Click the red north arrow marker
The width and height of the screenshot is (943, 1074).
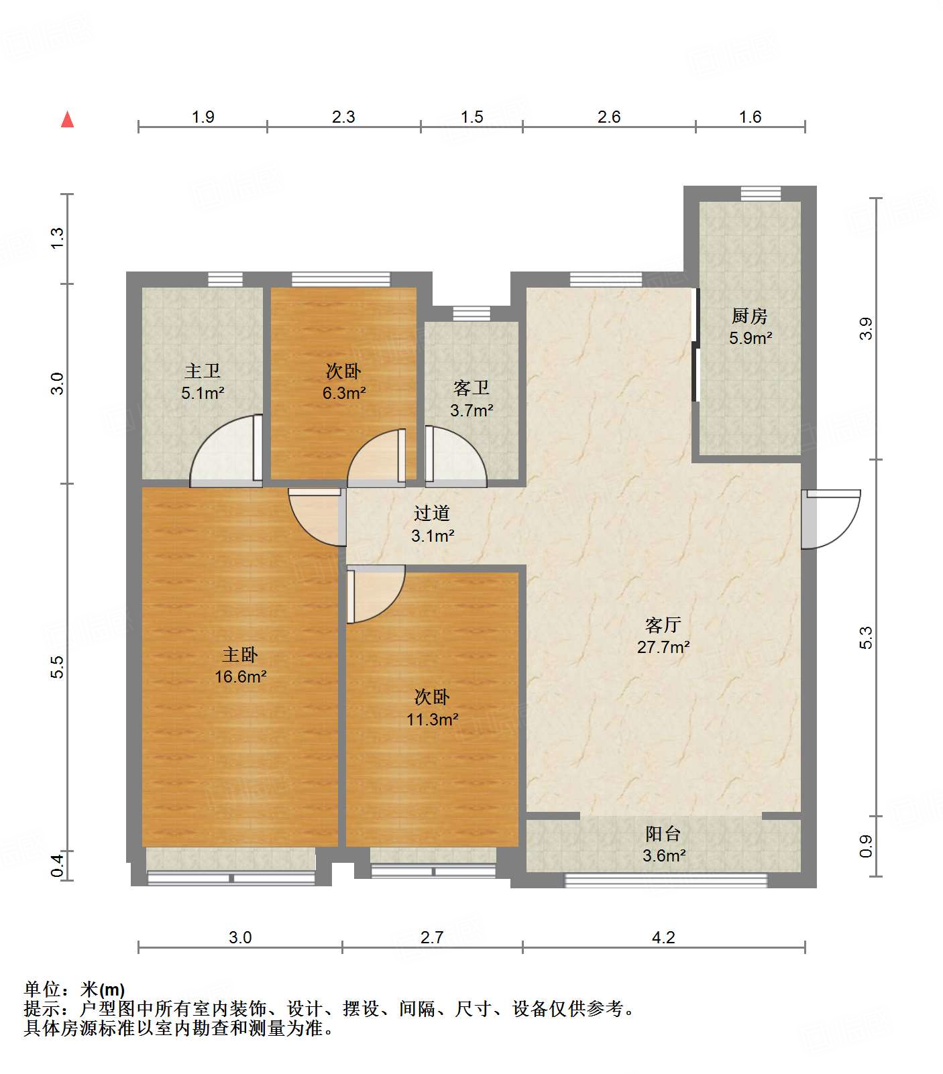click(67, 120)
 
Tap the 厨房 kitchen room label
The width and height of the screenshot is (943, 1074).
click(749, 315)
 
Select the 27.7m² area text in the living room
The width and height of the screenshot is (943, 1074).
click(663, 648)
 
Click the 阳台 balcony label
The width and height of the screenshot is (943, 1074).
click(663, 833)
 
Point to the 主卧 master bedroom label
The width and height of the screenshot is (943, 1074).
click(239, 654)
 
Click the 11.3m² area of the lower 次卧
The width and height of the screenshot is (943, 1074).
click(432, 720)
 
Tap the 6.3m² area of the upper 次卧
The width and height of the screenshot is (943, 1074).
click(343, 394)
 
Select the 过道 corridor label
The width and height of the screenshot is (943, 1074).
click(431, 514)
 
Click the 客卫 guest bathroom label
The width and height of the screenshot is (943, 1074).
click(471, 388)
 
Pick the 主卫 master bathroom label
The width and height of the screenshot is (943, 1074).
click(202, 371)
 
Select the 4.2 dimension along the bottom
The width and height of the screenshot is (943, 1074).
click(663, 937)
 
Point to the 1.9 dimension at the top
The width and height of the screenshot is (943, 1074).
click(203, 117)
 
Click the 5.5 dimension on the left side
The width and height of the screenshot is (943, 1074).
click(58, 666)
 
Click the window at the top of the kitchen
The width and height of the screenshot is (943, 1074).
click(761, 193)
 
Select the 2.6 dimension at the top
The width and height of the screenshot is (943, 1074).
click(608, 117)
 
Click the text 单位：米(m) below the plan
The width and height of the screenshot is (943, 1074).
click(74, 990)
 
